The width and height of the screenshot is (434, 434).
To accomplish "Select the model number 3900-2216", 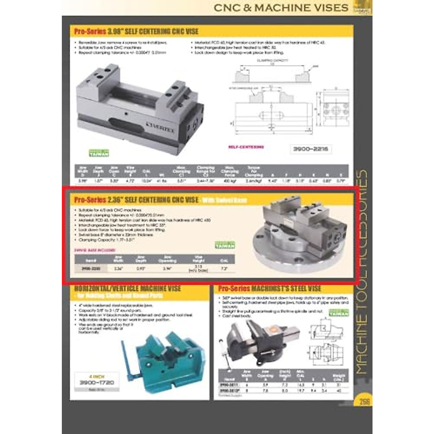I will (311, 149).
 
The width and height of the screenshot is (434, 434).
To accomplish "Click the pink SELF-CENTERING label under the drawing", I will (246, 147).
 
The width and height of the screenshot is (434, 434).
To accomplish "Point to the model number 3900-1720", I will (97, 382).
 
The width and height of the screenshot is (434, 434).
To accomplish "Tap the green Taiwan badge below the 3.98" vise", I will (99, 153).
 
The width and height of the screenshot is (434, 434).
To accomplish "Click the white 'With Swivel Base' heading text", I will (224, 200).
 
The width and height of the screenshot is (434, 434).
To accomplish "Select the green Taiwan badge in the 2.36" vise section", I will (225, 245).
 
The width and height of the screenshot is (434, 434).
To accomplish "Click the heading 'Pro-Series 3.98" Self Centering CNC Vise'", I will (136, 31).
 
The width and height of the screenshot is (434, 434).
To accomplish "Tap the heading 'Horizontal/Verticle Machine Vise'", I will (128, 289).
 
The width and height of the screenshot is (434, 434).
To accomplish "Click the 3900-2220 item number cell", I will (91, 269).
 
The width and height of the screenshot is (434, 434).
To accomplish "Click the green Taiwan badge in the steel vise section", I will (339, 313).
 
